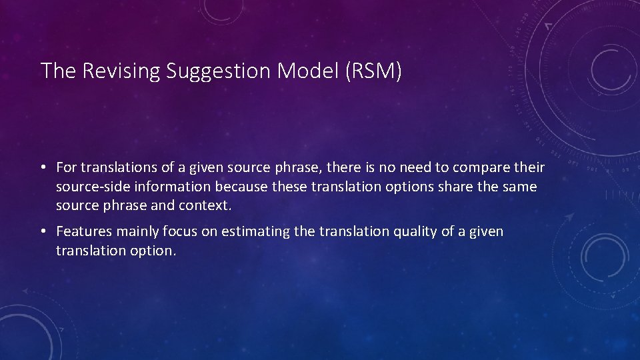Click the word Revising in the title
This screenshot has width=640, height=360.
[x=122, y=71]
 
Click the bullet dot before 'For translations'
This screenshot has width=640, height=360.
[x=44, y=167]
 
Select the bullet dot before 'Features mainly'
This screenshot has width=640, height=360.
[x=44, y=232]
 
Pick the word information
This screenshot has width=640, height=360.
[x=170, y=187]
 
